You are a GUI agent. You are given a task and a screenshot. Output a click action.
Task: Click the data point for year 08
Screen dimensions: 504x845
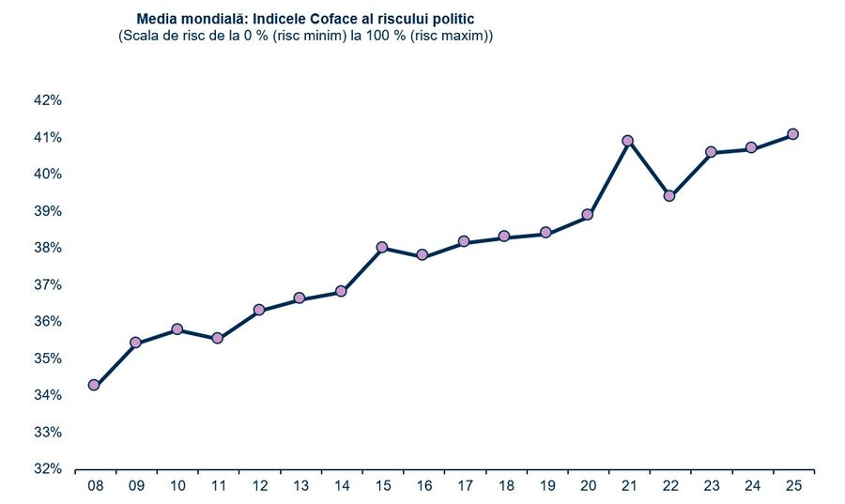[94, 385]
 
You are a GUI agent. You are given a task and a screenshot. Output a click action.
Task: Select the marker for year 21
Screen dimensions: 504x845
[628, 141]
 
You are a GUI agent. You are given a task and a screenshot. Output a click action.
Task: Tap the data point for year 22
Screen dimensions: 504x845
[669, 196]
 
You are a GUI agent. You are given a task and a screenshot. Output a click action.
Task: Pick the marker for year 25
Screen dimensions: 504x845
[792, 134]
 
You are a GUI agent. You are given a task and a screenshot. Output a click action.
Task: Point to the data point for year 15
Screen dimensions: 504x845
[382, 248]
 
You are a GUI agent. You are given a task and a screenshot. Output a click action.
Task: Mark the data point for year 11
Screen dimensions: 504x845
[218, 338]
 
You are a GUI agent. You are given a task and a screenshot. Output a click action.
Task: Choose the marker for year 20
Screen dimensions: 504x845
[588, 215]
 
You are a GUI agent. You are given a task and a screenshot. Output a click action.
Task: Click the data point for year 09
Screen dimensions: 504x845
[135, 343]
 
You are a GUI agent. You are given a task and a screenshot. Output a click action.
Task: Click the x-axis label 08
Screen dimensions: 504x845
[95, 485]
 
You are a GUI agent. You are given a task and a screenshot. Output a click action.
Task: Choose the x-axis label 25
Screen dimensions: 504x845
[793, 485]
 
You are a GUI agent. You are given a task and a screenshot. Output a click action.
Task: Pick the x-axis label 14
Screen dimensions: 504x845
[341, 485]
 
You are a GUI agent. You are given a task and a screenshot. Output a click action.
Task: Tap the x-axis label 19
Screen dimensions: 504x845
[546, 485]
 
